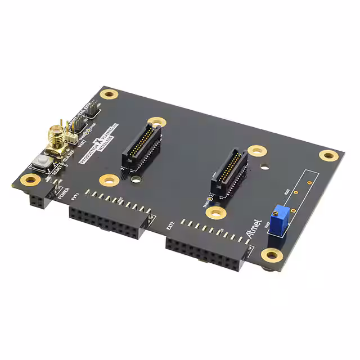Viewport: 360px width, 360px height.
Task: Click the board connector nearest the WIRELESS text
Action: [x=142, y=146]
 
